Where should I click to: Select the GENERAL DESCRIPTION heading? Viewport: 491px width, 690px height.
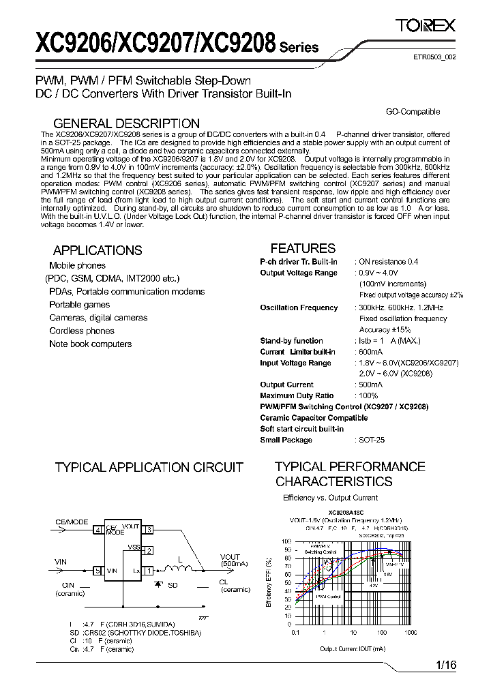[126, 123]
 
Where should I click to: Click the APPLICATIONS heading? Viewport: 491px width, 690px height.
[98, 250]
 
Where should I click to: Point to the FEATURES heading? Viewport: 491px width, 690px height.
[303, 248]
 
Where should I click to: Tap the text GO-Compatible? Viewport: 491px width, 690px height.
[413, 112]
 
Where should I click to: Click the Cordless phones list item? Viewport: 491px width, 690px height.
[82, 331]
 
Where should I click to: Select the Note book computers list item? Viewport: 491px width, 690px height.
[90, 344]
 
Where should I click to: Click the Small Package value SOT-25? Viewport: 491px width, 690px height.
[372, 440]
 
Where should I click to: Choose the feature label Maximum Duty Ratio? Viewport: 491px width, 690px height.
[297, 395]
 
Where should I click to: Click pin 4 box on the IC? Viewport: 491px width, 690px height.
[98, 529]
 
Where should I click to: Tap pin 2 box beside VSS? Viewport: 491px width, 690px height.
[150, 550]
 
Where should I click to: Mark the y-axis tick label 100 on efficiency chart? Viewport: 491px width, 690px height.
[286, 540]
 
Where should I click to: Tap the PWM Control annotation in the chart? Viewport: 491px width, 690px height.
[328, 596]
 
